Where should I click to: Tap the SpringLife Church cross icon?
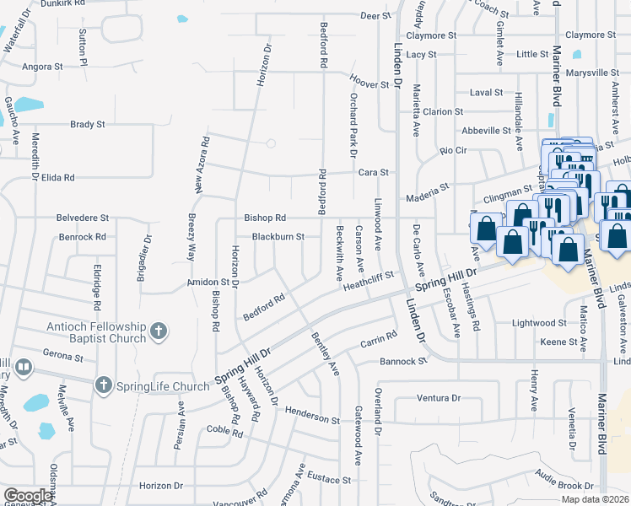click(103, 385)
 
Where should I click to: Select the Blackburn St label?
click(278, 237)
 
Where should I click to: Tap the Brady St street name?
click(88, 124)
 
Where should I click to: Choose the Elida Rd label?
click(58, 178)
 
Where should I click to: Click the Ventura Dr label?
click(439, 397)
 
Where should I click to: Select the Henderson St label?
click(312, 419)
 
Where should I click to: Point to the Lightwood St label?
click(539, 323)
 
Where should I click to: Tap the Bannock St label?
click(404, 361)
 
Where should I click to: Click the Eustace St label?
click(328, 480)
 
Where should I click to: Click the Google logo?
click(27, 496)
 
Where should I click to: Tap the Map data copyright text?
click(595, 499)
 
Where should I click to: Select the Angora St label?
click(43, 66)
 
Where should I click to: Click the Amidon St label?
click(214, 283)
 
